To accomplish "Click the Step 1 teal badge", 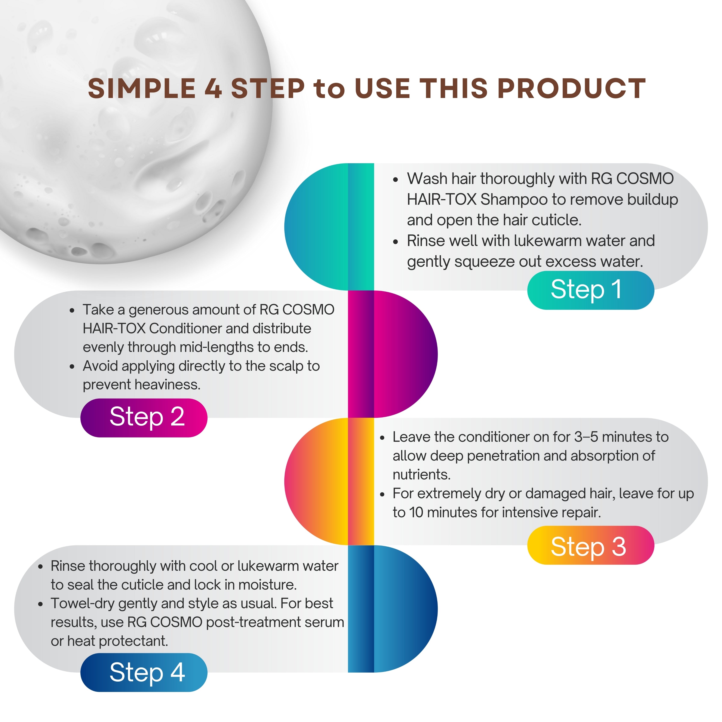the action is coord(590,290).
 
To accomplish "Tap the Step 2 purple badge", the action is coord(144,418).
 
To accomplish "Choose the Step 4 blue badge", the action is coord(144,673).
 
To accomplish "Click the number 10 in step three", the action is coord(416,512).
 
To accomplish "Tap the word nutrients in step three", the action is coord(421,475).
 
